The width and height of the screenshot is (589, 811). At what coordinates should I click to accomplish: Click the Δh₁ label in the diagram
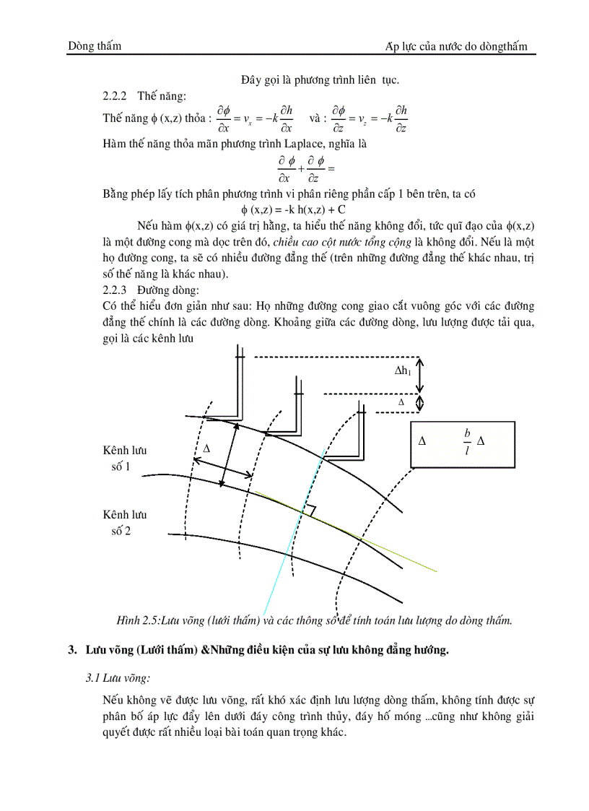coord(403,370)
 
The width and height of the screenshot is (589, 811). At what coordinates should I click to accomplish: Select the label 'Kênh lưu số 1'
coord(125,459)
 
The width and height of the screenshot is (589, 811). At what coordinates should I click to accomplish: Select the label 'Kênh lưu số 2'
coord(125,523)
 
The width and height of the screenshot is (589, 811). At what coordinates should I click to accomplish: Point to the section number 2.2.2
coord(115,95)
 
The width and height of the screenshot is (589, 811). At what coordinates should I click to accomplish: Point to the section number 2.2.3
coord(115,290)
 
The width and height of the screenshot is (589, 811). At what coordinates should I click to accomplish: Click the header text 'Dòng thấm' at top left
coord(95,46)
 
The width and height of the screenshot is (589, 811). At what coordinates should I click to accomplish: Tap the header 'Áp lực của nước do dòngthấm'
coord(456,46)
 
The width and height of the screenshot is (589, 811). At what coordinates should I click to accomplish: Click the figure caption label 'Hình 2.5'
coord(138,620)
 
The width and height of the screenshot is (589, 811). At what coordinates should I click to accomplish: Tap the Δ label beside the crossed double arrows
coord(206,448)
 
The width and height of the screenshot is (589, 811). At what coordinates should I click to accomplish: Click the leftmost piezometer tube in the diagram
coord(235,383)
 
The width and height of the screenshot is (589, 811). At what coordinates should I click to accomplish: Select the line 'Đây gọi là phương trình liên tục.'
coord(320,79)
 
